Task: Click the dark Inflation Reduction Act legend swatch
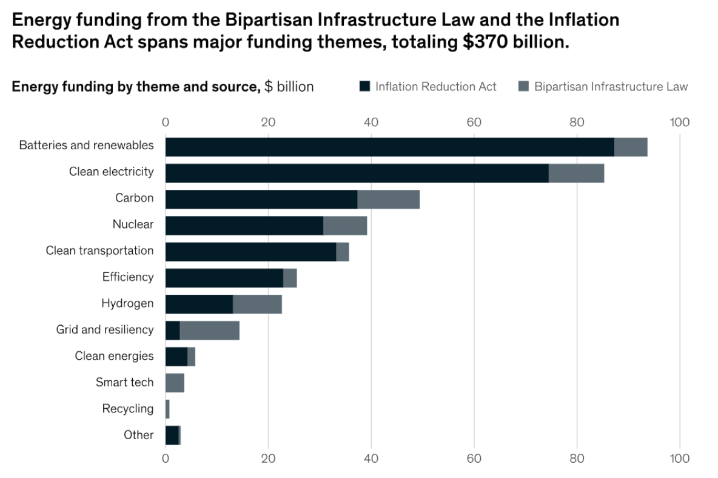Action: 364,87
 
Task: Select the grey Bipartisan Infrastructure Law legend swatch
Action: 523,87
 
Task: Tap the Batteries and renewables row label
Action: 86,146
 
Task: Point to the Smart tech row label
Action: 124,382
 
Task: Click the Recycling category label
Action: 127,409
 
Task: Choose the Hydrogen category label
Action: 127,303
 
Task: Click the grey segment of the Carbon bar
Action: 388,200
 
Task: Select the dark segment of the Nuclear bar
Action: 244,226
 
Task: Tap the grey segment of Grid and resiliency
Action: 209,331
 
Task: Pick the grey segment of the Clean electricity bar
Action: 576,173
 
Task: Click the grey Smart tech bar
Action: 175,383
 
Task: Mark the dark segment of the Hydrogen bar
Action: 199,305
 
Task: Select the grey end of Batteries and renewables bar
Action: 631,147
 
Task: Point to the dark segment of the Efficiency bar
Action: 224,278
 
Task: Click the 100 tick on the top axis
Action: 679,123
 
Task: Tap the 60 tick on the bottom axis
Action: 474,459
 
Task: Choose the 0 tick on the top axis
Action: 166,123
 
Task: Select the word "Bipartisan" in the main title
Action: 270,20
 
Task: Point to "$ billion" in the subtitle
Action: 289,87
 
